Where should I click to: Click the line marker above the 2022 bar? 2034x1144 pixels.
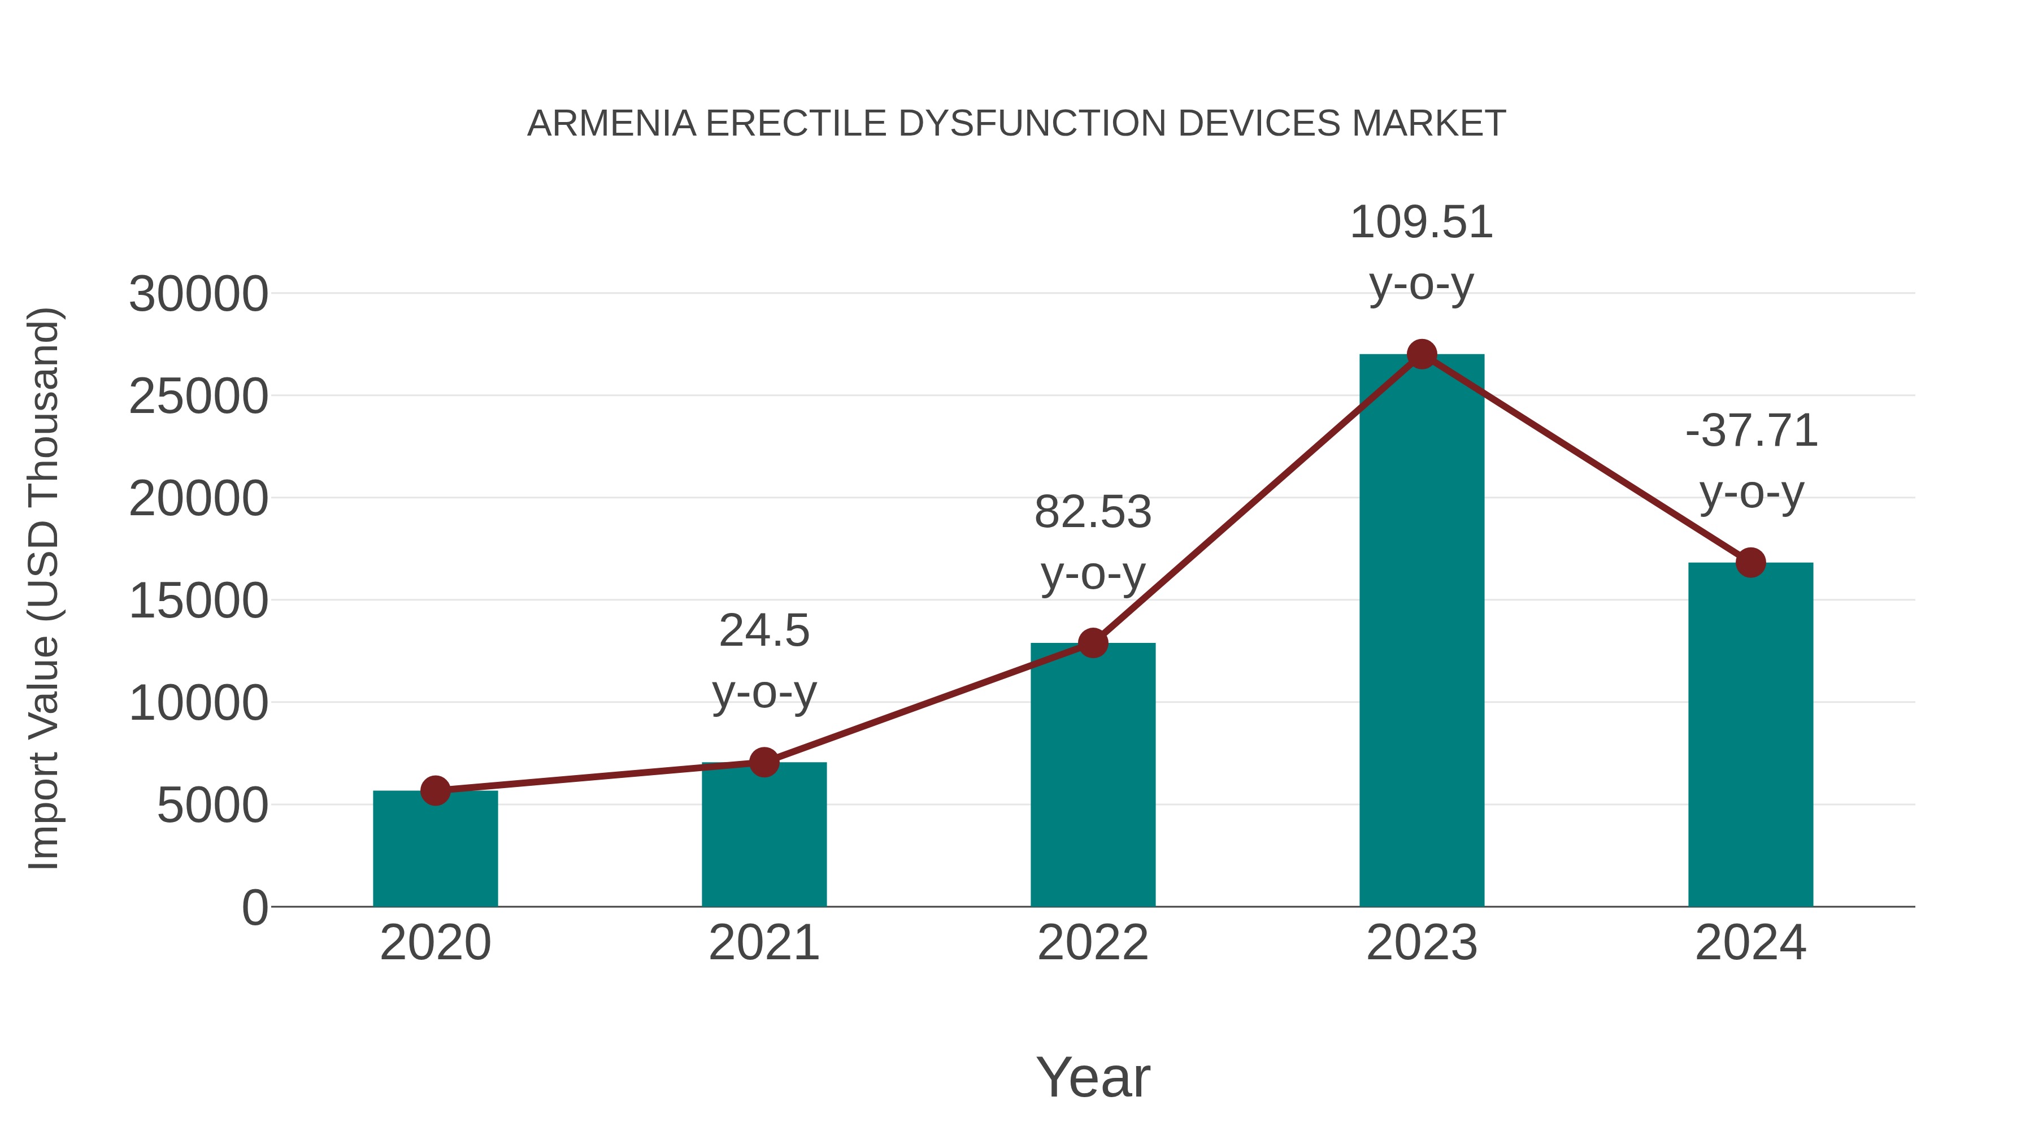tap(1093, 643)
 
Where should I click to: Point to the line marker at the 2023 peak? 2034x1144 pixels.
tap(1422, 354)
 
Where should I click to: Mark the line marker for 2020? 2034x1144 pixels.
tap(435, 790)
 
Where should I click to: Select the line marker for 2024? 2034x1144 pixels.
tap(1750, 563)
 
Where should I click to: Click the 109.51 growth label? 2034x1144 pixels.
tap(1422, 223)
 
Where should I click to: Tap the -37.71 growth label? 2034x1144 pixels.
tap(1750, 431)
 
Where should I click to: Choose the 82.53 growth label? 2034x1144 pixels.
tap(1093, 512)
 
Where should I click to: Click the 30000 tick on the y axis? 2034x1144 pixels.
tap(198, 294)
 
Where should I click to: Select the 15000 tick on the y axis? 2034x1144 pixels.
tap(198, 601)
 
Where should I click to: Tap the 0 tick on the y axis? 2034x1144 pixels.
tap(254, 907)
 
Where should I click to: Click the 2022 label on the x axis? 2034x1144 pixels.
tap(1093, 943)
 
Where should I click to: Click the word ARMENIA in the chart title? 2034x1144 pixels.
tap(611, 124)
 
